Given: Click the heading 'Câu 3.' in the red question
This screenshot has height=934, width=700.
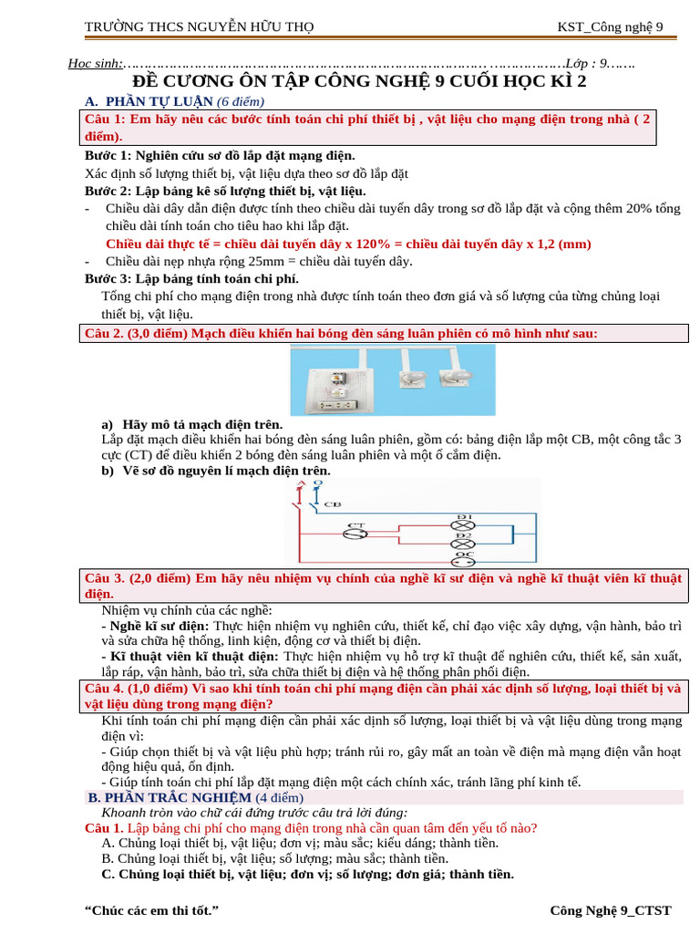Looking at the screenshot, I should (103, 578).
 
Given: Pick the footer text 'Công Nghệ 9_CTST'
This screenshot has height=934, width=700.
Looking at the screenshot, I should (610, 910).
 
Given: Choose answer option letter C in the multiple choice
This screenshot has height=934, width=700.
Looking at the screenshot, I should (108, 874).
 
